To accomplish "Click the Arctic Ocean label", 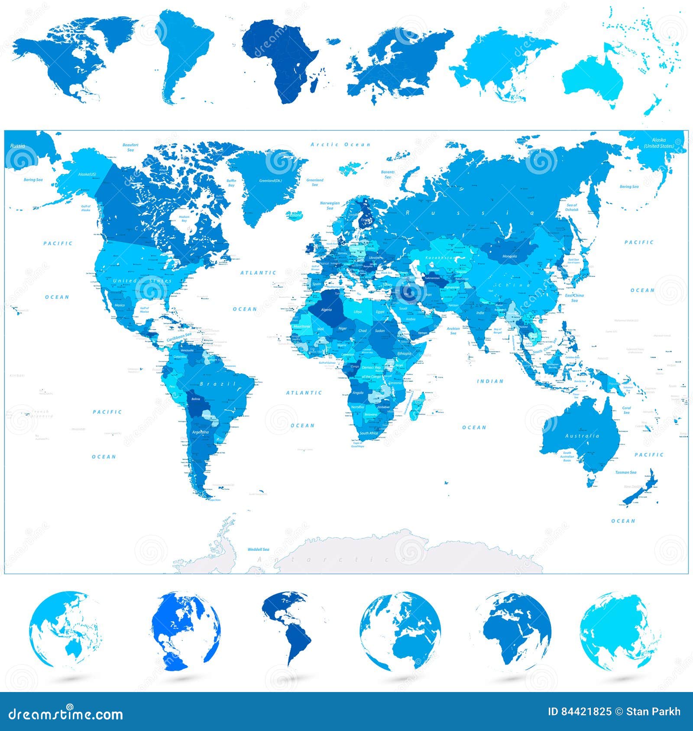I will (x=340, y=145).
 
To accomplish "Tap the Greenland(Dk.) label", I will (x=271, y=180).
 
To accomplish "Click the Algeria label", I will (x=326, y=310).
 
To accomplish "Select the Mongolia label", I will (x=509, y=256).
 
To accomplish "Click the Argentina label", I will (x=200, y=432).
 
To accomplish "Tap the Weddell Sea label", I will (x=258, y=550).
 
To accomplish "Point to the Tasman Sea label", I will (x=625, y=472).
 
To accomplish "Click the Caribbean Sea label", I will (x=179, y=335).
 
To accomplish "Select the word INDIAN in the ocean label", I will (x=490, y=381).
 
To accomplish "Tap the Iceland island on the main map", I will (x=296, y=215).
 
